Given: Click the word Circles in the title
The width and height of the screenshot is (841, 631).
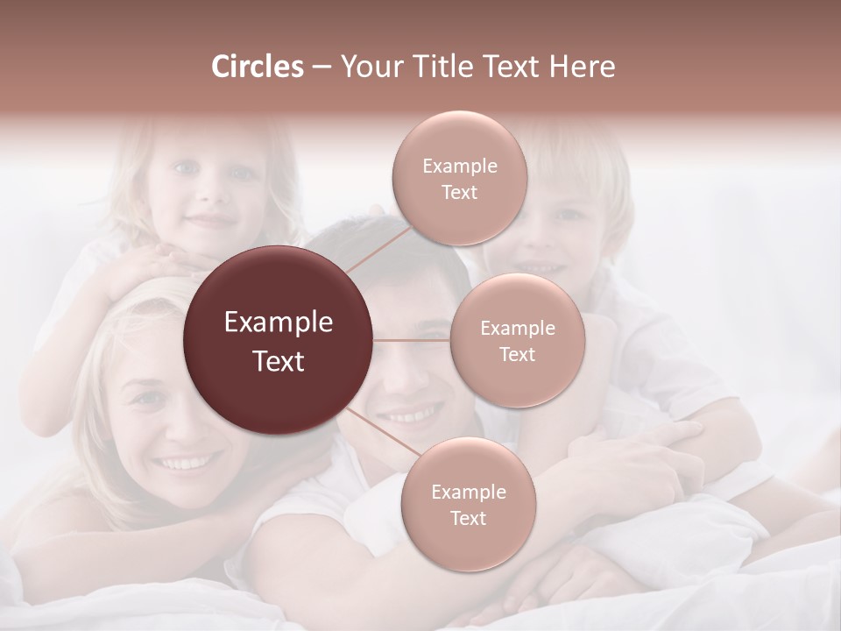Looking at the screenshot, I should click(257, 67).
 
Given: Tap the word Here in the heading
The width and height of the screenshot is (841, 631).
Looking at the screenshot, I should click(582, 67).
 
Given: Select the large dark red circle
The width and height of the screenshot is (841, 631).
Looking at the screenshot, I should click(278, 340).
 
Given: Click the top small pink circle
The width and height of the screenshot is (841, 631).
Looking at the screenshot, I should click(459, 179).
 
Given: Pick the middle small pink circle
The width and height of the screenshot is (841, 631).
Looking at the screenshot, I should click(517, 340).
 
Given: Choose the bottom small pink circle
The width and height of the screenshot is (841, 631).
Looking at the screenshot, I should click(468, 505).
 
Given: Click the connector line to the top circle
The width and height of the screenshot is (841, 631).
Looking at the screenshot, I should click(378, 245).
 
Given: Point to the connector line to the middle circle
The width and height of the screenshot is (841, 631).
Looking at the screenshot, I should click(411, 340).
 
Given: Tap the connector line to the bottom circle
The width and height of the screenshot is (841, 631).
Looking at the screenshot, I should click(382, 436).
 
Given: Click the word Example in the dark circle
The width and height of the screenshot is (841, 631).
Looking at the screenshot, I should click(278, 323).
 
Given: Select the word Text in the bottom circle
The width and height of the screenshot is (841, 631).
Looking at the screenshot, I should click(468, 518).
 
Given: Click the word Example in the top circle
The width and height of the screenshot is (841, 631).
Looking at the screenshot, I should click(459, 166).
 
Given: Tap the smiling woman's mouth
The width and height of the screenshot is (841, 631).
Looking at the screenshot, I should click(188, 461).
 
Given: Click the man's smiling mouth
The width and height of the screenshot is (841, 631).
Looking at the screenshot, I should click(412, 412).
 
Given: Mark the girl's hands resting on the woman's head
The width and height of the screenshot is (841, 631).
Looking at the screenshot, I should click(158, 263).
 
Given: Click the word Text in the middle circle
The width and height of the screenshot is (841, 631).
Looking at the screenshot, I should click(517, 354).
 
